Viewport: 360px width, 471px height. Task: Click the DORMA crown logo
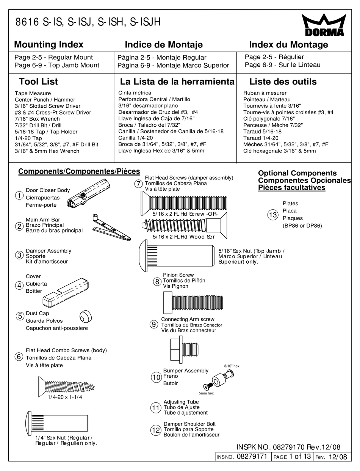tap(324, 25)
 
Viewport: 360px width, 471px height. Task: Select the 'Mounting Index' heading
tap(49, 45)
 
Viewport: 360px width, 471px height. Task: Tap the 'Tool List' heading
tap(38, 82)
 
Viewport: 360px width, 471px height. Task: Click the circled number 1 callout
tap(19, 196)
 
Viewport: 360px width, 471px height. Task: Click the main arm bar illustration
tap(111, 229)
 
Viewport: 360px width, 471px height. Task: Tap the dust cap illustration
tap(86, 316)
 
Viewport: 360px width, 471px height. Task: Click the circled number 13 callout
tap(273, 215)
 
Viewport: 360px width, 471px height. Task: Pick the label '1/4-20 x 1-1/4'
tap(65, 397)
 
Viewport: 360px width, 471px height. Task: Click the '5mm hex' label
tap(206, 393)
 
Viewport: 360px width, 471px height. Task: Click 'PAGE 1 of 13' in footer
tap(292, 457)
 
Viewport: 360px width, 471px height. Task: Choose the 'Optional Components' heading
tap(297, 173)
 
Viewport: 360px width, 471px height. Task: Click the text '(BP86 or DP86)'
tap(302, 226)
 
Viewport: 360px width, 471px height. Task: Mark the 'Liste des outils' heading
tap(283, 82)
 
